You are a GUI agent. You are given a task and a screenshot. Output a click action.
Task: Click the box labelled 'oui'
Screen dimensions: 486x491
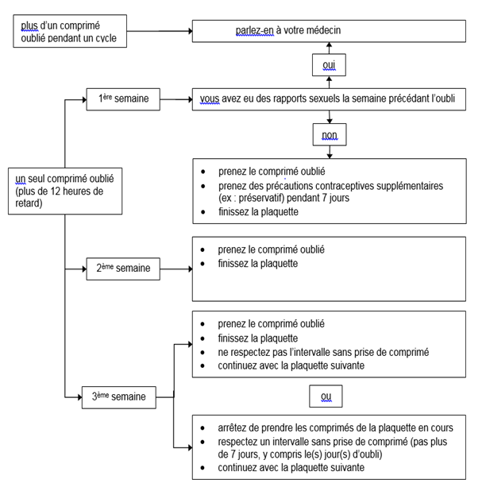[329, 65]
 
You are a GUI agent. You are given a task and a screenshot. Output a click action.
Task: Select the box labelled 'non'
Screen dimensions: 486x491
[330, 134]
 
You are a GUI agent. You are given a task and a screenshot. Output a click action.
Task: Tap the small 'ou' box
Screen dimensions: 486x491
[326, 396]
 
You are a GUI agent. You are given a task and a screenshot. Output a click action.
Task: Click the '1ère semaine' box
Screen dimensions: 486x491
[123, 99]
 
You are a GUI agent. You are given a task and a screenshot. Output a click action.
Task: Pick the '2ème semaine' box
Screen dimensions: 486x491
[123, 269]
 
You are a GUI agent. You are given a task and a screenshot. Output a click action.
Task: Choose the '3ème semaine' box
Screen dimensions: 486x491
[119, 397]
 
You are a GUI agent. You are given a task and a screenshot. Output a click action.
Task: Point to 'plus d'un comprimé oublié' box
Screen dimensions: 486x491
[70, 31]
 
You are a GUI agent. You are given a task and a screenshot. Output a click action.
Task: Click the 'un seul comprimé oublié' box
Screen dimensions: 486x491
[65, 191]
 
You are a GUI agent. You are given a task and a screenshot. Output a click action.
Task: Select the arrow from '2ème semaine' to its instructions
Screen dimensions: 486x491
[176, 269]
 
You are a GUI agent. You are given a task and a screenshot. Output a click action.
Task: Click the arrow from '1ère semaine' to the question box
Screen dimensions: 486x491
[176, 99]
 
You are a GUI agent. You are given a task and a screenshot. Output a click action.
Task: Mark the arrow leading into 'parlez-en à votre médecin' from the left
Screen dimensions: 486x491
[160, 31]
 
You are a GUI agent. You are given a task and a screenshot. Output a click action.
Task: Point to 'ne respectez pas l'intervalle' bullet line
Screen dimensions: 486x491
[323, 352]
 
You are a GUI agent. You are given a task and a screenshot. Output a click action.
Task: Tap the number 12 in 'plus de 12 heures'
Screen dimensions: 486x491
[56, 191]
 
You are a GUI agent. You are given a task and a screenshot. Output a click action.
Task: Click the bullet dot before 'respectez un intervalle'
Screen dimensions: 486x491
[202, 443]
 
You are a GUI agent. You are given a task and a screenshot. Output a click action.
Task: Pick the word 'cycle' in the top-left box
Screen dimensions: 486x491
[106, 38]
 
